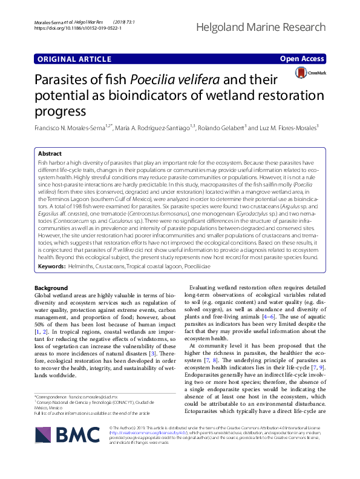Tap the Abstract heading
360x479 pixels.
pyautogui.click(x=50, y=154)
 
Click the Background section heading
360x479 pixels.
pyautogui.click(x=51, y=287)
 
